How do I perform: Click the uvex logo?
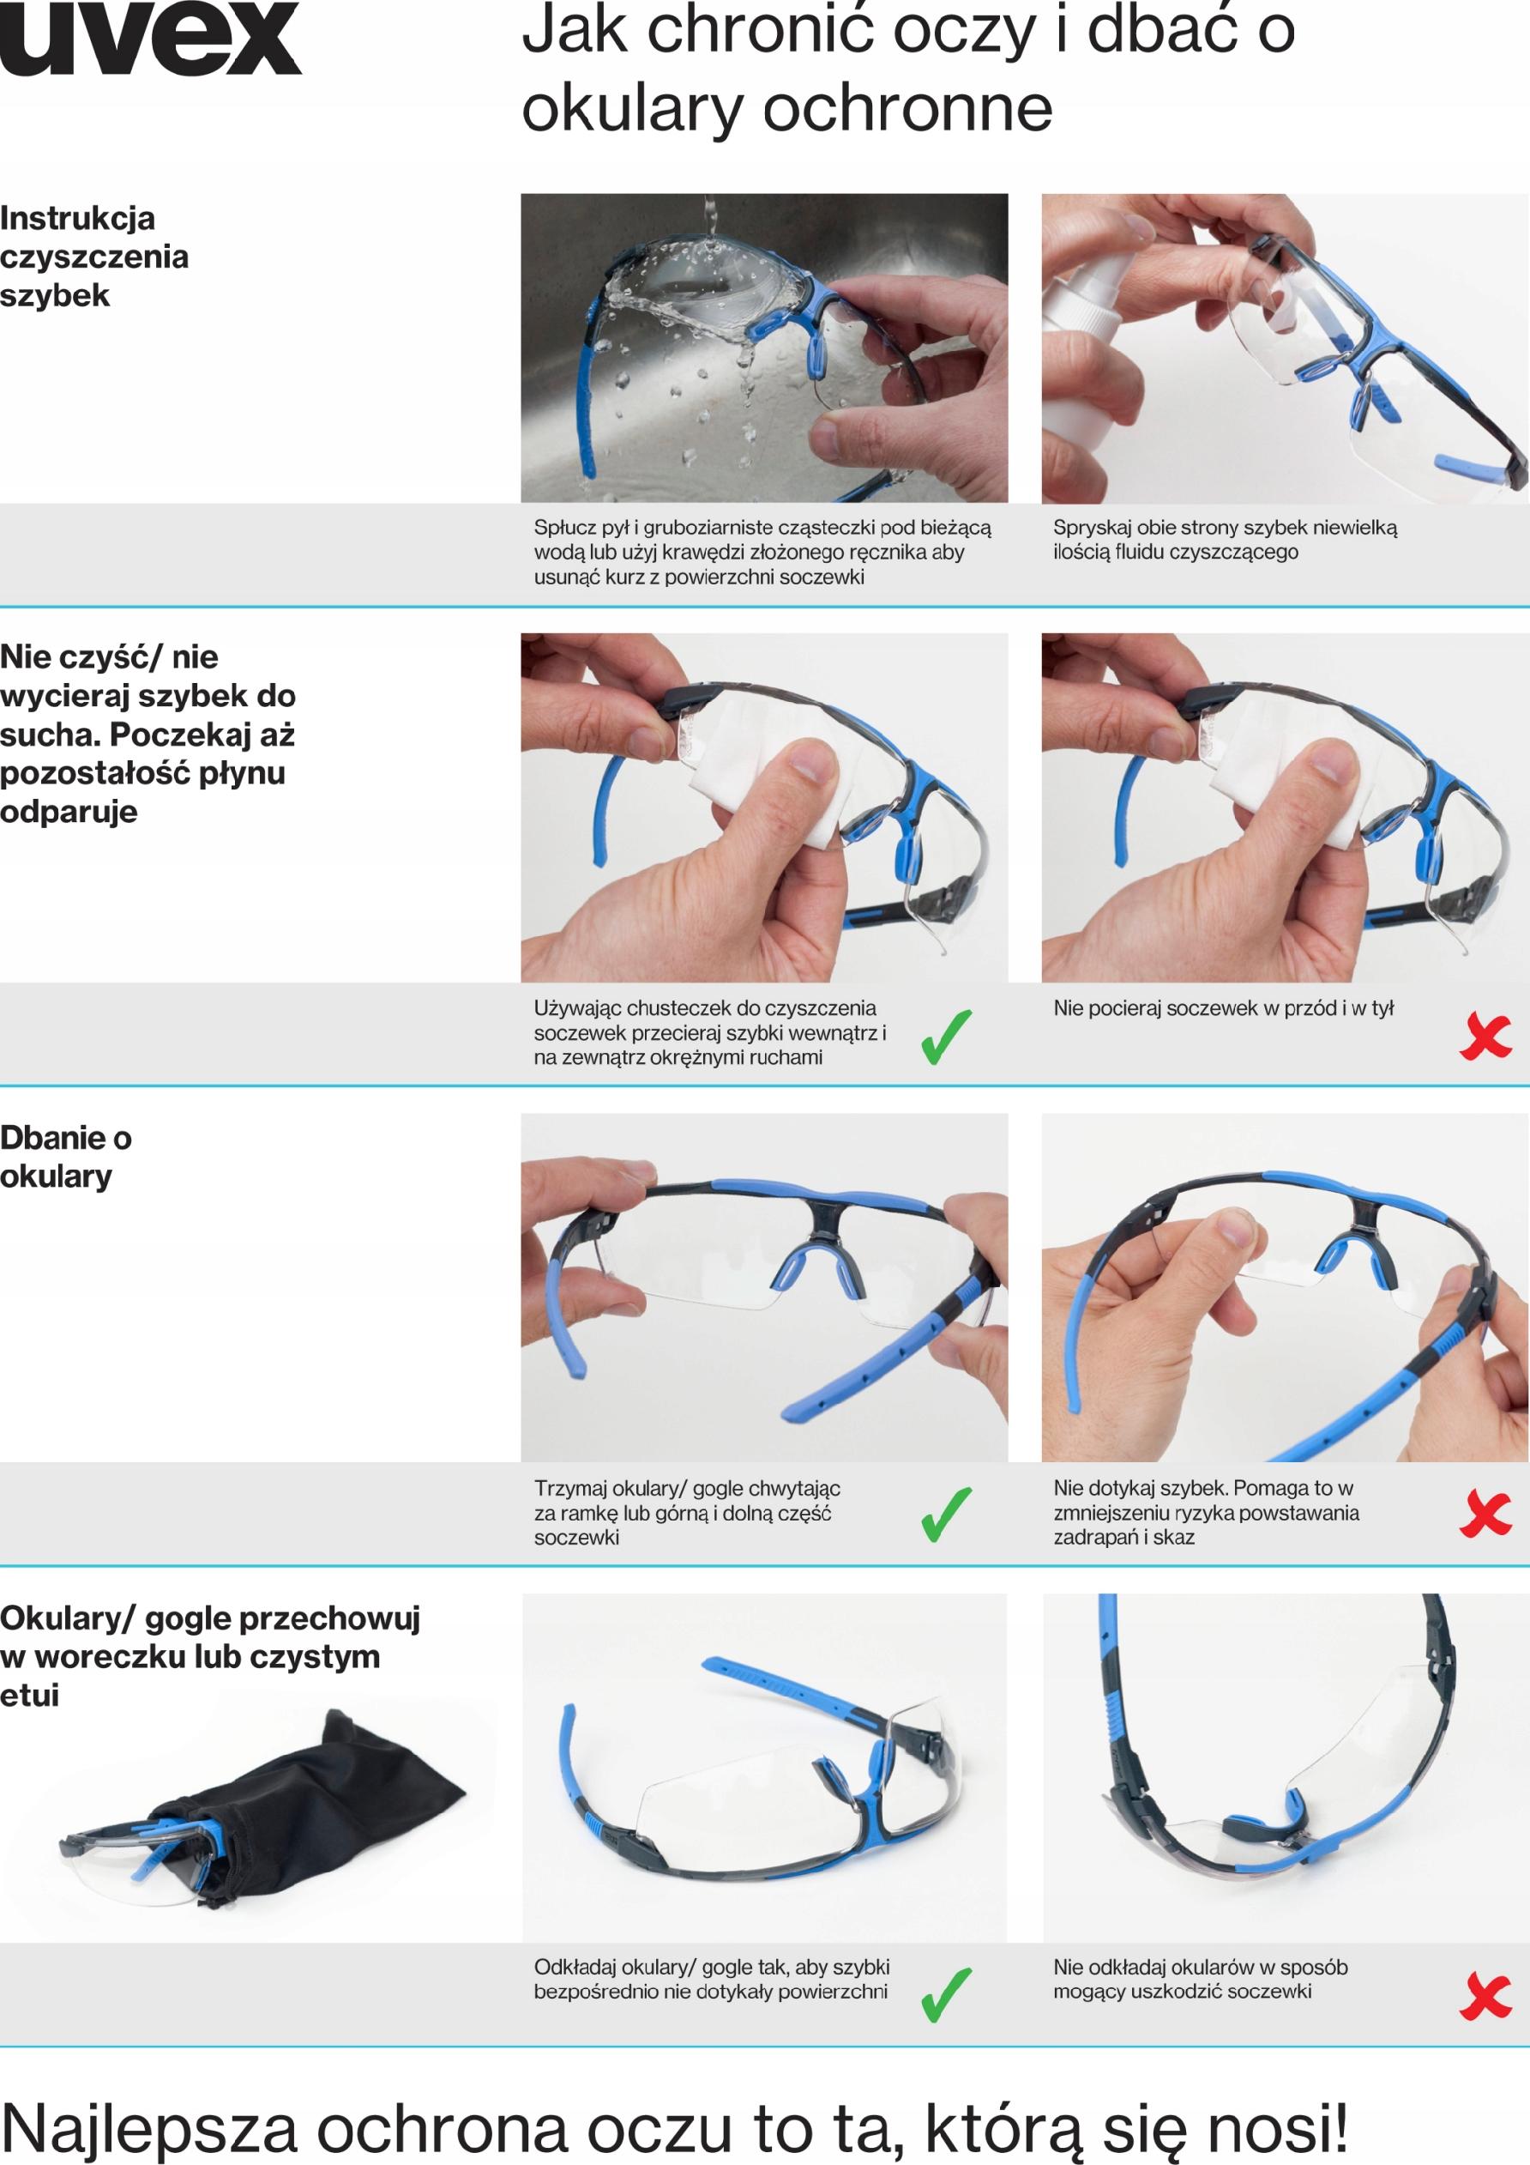151,39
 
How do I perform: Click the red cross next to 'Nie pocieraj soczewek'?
1485,1037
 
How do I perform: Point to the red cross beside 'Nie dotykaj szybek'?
1485,1515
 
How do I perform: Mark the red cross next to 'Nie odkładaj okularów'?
1485,1995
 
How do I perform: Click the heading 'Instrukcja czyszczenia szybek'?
94,257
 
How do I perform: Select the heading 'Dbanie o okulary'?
66,1157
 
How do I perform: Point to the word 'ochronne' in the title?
907,108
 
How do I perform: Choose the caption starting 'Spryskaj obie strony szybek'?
1225,540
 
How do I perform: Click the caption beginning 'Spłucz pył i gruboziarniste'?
762,552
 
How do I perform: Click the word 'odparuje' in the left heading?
69,811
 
